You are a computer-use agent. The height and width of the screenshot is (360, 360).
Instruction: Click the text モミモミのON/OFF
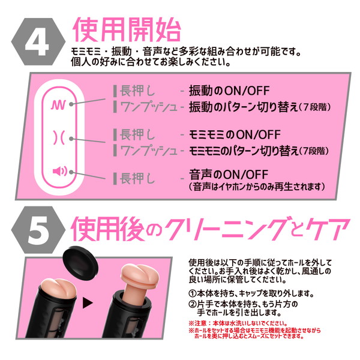click(x=229, y=134)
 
